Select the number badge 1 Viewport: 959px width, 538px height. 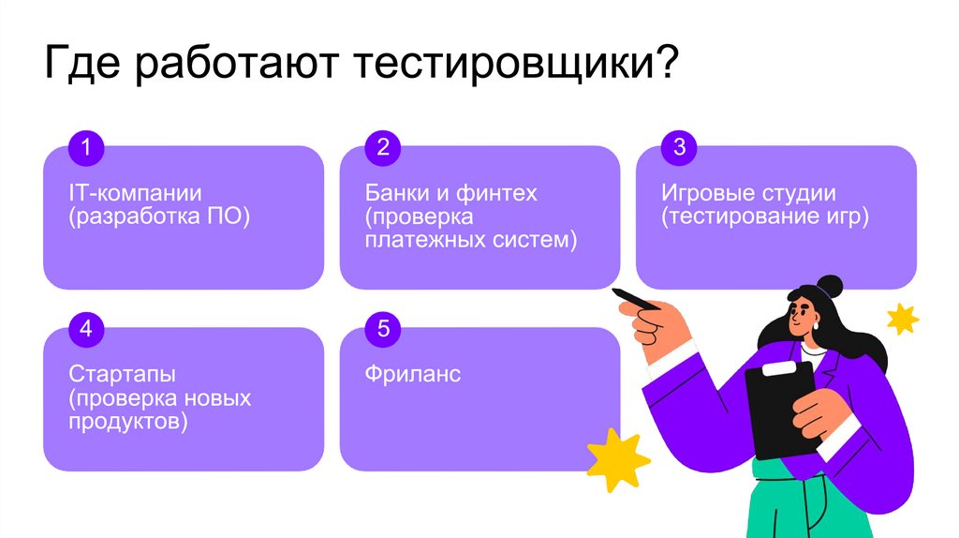85,147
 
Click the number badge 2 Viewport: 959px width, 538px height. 382,147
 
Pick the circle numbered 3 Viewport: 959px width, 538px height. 679,147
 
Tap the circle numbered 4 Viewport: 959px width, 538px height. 85,329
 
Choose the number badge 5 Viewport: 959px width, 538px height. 382,329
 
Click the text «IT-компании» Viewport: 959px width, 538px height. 135,194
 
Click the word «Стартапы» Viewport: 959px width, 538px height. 123,375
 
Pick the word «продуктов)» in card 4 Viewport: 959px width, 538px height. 127,422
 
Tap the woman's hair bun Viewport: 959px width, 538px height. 828,286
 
